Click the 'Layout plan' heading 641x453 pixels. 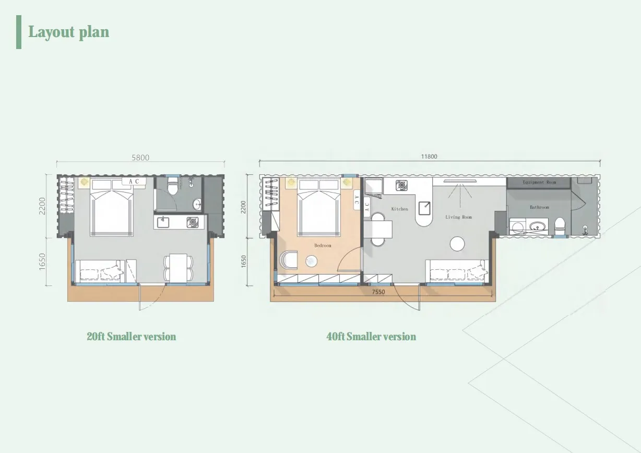69,32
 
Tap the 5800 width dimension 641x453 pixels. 140,158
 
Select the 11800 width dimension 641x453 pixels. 429,157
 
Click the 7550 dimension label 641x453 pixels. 378,292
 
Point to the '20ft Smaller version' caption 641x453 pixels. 132,337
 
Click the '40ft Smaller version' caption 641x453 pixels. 371,337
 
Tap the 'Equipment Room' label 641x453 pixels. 539,182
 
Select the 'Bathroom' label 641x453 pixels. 539,207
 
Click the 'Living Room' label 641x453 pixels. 458,217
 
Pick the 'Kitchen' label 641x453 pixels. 399,209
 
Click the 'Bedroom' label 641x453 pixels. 323,245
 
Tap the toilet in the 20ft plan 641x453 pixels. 173,186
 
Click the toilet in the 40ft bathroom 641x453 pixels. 560,226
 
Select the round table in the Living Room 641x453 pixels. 457,244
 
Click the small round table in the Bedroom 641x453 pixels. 311,261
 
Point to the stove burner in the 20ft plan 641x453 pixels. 193,222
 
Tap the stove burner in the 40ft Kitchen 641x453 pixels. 401,185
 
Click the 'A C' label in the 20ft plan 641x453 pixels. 134,181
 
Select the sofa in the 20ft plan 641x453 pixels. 100,271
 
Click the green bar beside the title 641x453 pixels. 19,32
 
